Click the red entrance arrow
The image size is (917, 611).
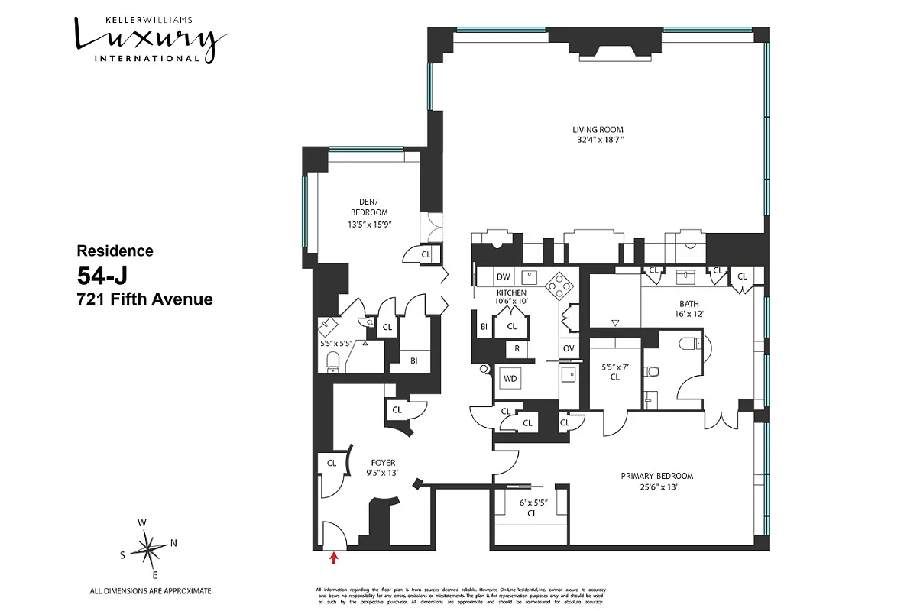click(333, 558)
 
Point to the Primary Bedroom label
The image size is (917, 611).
click(656, 476)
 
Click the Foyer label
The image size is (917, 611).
click(383, 463)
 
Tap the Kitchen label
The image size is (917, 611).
click(511, 293)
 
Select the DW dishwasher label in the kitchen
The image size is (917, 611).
click(503, 276)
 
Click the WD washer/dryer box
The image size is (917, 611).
click(510, 378)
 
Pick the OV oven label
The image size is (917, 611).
click(569, 348)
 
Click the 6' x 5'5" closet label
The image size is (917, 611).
click(531, 508)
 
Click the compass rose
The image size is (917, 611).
click(149, 548)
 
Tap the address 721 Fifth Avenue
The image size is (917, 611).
click(144, 299)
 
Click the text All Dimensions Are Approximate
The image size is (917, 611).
click(150, 591)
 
